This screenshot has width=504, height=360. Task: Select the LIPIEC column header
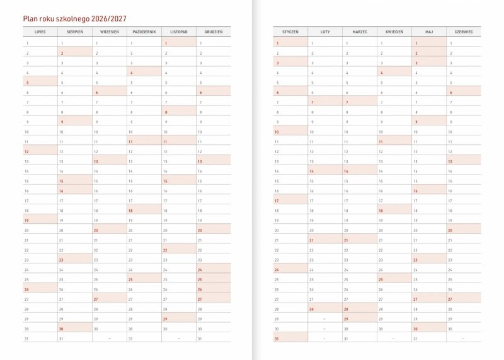pos(40,31)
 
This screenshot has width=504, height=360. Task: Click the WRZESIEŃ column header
pos(110,31)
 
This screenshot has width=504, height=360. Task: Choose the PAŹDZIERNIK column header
pos(144,31)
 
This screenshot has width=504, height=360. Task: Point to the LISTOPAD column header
pos(179,31)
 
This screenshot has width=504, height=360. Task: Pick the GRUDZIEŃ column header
pos(214,31)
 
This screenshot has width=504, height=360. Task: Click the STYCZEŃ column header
pos(290,31)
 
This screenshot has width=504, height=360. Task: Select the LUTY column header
pos(325,31)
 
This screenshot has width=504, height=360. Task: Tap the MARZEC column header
pos(360,31)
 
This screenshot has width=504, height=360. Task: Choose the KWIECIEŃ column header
pos(394,31)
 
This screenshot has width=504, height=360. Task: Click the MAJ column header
pos(429,31)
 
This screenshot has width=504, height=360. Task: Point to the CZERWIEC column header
pos(464,31)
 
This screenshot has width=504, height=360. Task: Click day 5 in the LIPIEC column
pos(40,83)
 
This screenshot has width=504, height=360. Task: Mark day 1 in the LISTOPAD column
pos(179,43)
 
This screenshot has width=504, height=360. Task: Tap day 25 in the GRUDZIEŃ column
pos(214,279)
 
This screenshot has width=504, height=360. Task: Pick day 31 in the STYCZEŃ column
pos(290,339)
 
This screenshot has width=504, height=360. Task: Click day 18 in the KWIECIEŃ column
pos(394,211)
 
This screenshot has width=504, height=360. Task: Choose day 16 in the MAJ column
pos(429,190)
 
